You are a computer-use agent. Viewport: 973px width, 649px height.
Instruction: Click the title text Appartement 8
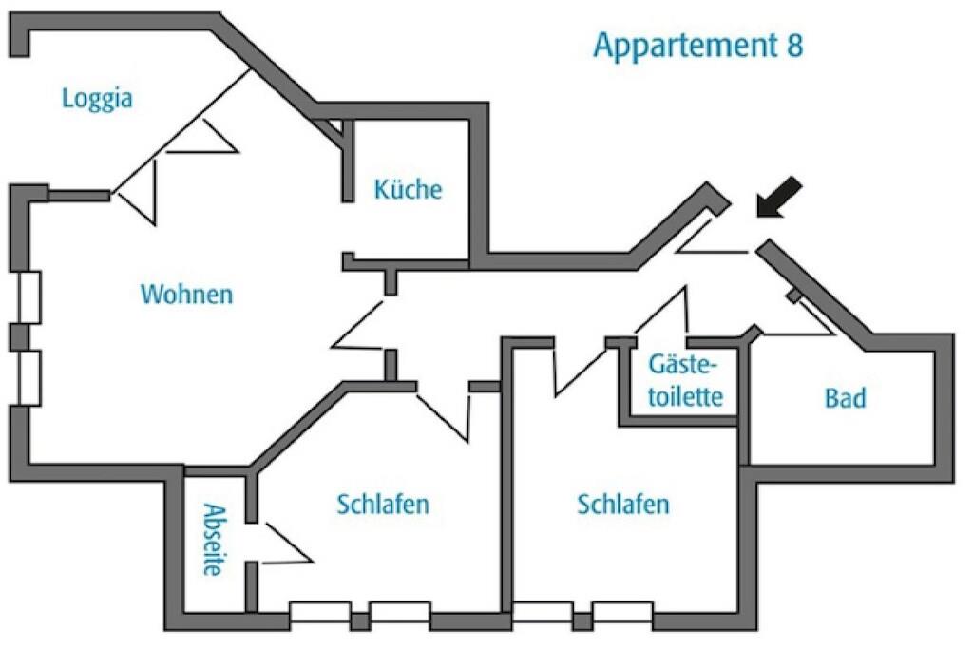[x=698, y=46]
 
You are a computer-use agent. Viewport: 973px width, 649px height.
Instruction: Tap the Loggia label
[x=98, y=99]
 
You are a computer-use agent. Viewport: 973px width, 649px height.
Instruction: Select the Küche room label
[x=409, y=189]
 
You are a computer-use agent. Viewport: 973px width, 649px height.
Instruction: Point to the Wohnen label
[x=187, y=294]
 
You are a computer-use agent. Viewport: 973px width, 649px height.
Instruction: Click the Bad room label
[x=845, y=398]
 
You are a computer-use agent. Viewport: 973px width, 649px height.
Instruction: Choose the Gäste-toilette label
[x=686, y=380]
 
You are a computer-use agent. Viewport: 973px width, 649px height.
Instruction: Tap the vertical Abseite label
[x=214, y=539]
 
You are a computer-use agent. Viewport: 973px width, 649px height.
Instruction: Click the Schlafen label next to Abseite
[x=383, y=504]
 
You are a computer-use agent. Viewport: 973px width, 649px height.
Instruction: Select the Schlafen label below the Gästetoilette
[x=623, y=504]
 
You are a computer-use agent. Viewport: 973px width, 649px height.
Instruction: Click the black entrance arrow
[x=778, y=198]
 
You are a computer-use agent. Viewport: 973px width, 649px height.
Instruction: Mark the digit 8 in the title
[x=794, y=45]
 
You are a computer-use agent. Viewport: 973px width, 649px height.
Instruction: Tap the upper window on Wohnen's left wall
[x=28, y=297]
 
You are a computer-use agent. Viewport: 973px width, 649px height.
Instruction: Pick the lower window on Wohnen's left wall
[x=28, y=378]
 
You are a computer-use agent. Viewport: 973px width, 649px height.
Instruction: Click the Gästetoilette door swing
[x=661, y=310]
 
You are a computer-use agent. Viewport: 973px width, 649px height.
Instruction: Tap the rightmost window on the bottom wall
[x=622, y=612]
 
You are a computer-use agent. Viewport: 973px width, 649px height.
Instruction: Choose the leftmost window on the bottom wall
[x=320, y=612]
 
